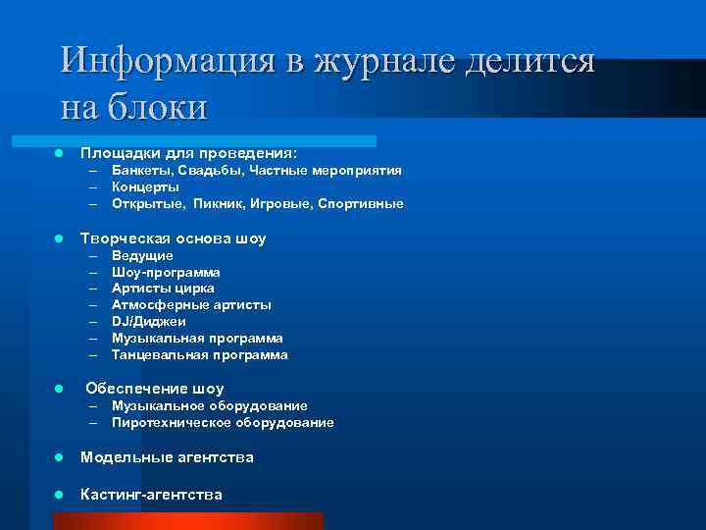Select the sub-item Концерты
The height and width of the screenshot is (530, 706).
(x=145, y=186)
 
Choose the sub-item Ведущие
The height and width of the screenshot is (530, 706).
(x=142, y=255)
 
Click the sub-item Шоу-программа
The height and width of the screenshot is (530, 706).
(x=166, y=272)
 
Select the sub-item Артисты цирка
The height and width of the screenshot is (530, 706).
(x=163, y=289)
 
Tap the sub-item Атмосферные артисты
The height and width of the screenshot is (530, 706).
(x=191, y=305)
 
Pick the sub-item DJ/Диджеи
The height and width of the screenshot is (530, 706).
(x=148, y=322)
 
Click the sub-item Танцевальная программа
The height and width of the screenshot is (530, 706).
(x=199, y=354)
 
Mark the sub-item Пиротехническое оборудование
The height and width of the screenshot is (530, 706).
(x=223, y=422)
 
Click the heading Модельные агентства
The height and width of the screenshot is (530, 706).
(x=167, y=456)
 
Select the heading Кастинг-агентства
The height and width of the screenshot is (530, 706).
(x=151, y=494)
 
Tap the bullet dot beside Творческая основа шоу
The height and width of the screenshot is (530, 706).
(x=59, y=238)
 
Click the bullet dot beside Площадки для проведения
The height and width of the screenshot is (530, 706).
(x=59, y=153)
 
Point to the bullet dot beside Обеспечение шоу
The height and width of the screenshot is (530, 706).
(x=59, y=389)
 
